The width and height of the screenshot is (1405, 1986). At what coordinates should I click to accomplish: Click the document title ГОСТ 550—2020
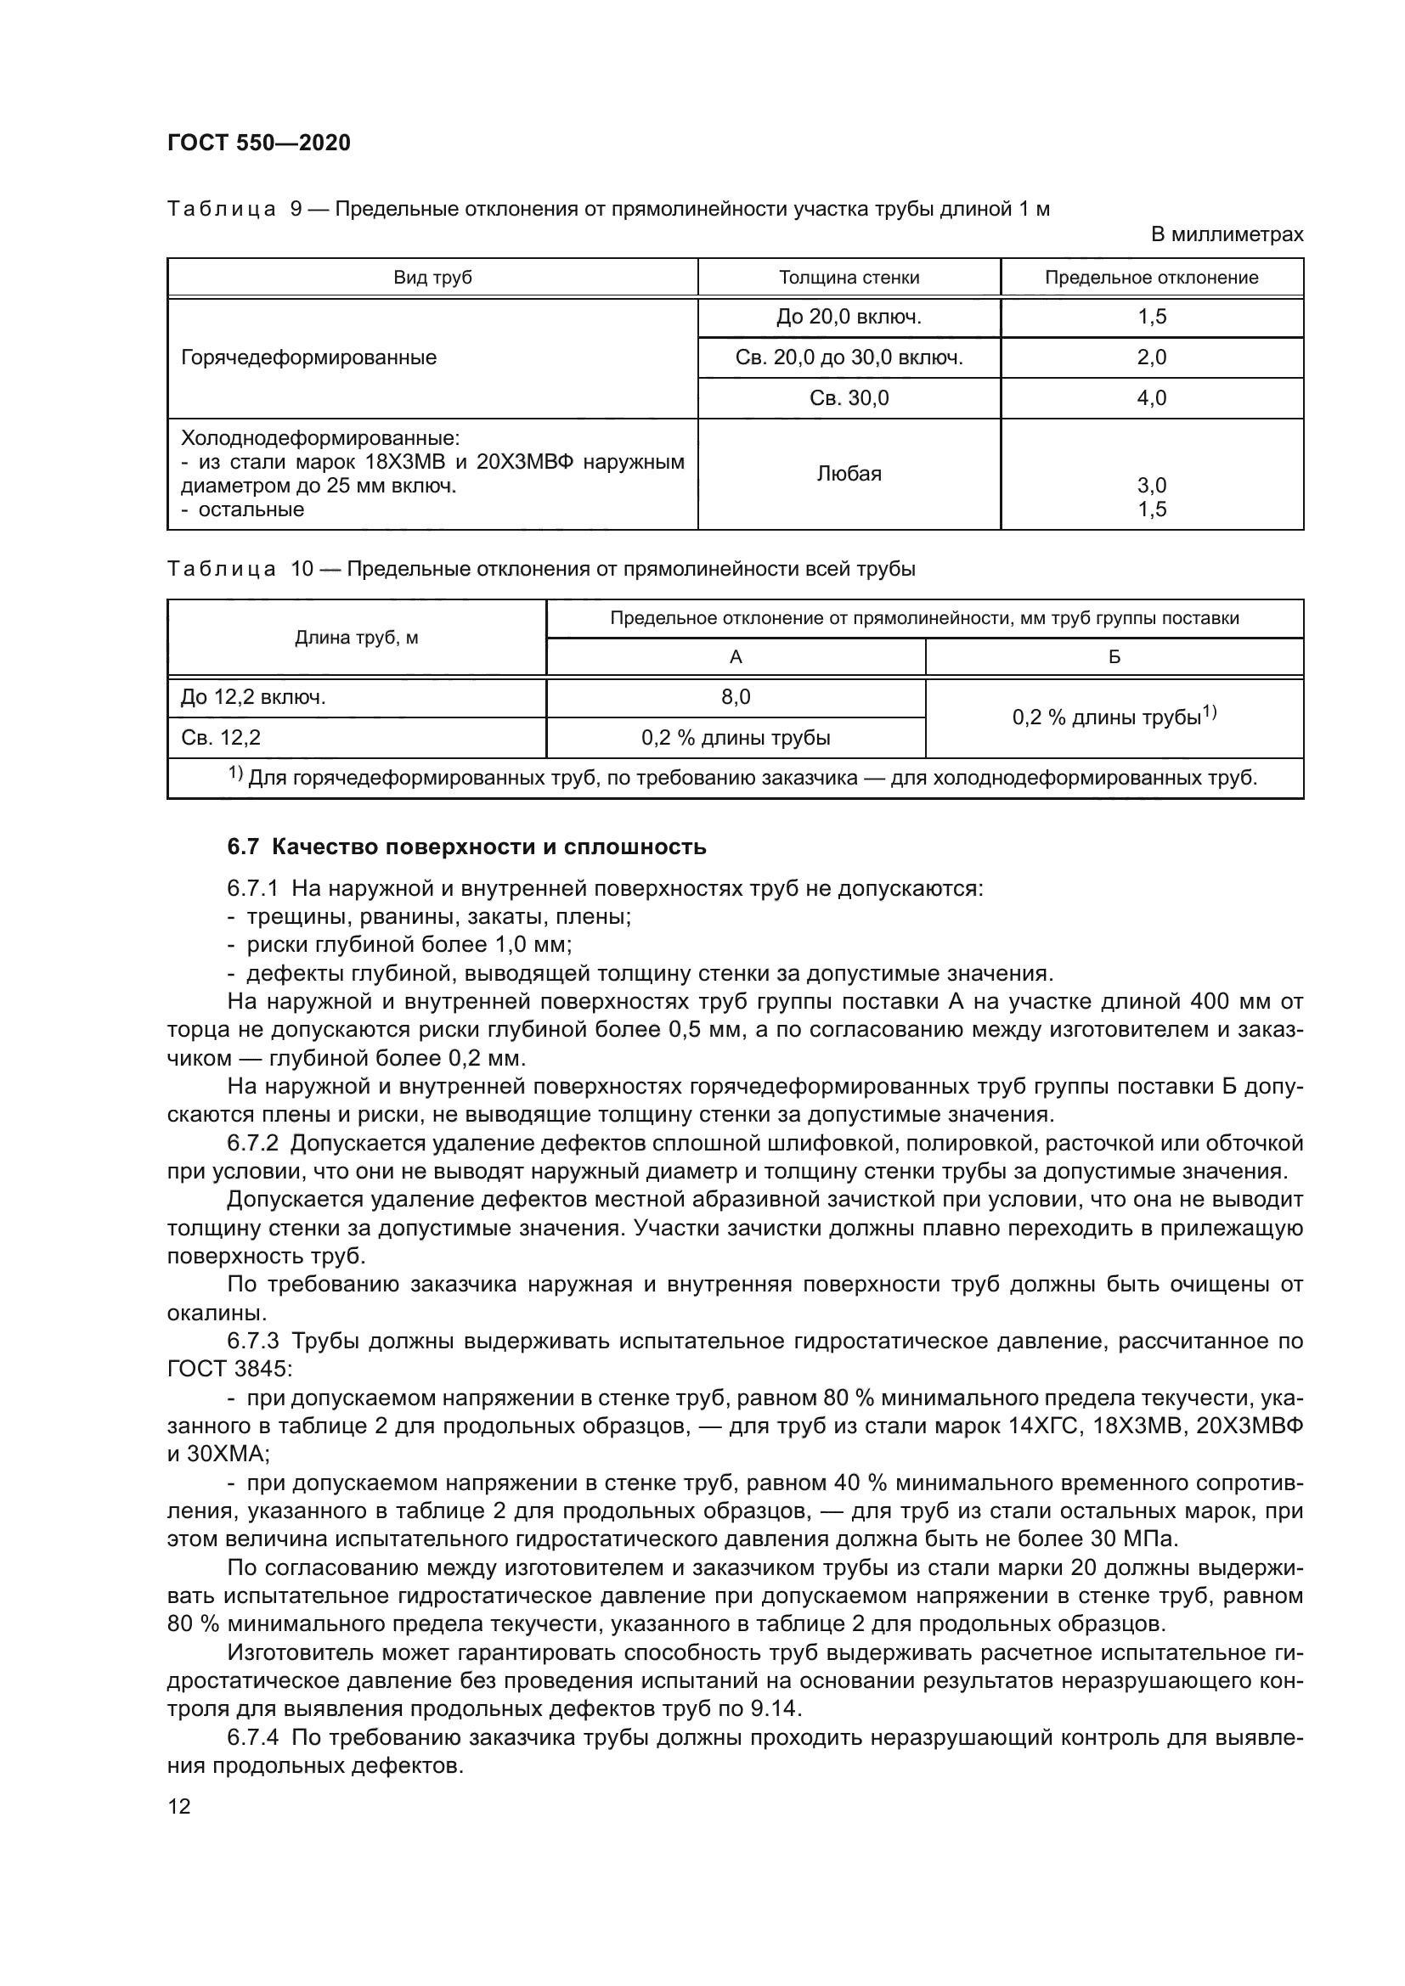pyautogui.click(x=259, y=143)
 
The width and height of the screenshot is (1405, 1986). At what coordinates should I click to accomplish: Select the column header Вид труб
pyautogui.click(x=432, y=278)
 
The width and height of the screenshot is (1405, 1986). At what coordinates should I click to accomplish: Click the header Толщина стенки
pyautogui.click(x=849, y=278)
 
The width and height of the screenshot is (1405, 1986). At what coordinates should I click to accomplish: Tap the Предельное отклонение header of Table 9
pyautogui.click(x=1152, y=278)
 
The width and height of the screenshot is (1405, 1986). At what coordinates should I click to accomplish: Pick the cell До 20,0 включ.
pyautogui.click(x=849, y=318)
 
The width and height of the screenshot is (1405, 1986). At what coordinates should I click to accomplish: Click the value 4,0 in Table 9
pyautogui.click(x=1152, y=398)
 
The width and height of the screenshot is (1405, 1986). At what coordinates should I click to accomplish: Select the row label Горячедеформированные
pyautogui.click(x=309, y=358)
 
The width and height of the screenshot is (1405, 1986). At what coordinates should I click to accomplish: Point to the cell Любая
pyautogui.click(x=849, y=474)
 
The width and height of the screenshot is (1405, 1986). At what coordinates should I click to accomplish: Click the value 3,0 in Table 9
pyautogui.click(x=1152, y=486)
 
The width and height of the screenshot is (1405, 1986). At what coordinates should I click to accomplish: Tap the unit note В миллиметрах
pyautogui.click(x=1227, y=234)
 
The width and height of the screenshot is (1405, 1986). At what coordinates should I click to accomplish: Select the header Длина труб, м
pyautogui.click(x=357, y=639)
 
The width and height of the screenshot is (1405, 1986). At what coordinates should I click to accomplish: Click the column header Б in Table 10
pyautogui.click(x=1114, y=657)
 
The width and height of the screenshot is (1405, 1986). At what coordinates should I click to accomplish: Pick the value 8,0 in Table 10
pyautogui.click(x=736, y=697)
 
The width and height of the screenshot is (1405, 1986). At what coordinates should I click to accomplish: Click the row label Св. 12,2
pyautogui.click(x=221, y=738)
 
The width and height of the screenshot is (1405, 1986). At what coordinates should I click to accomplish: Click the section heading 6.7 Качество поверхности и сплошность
pyautogui.click(x=466, y=847)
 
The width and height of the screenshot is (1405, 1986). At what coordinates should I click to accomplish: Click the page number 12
pyautogui.click(x=179, y=1807)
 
